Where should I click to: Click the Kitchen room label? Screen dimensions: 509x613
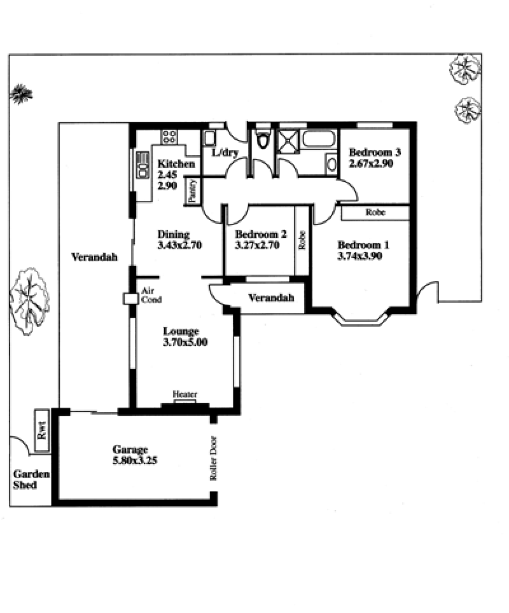176,163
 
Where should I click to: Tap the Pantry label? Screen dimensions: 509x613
192,190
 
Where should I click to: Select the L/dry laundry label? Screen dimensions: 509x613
225,153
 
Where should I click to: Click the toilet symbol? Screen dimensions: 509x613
262,139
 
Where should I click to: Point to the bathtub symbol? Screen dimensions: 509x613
319,139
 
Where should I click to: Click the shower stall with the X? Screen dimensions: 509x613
288,139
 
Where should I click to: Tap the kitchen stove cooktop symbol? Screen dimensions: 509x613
169,137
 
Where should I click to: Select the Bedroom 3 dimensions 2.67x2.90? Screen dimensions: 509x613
370,163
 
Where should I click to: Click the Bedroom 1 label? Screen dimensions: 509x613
363,245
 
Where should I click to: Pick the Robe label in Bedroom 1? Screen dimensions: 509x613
375,212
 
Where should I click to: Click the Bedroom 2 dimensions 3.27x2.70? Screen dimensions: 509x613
257,245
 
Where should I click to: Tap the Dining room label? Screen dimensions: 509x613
173,234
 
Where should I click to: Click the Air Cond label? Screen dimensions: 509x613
151,295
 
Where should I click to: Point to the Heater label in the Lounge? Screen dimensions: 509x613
185,394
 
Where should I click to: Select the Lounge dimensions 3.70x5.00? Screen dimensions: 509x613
185,342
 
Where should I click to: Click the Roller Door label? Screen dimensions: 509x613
214,458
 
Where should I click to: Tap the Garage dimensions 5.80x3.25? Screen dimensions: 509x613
135,460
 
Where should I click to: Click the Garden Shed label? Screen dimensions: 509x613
31,479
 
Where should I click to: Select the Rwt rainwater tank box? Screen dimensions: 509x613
42,430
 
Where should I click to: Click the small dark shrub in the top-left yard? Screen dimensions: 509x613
21,94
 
